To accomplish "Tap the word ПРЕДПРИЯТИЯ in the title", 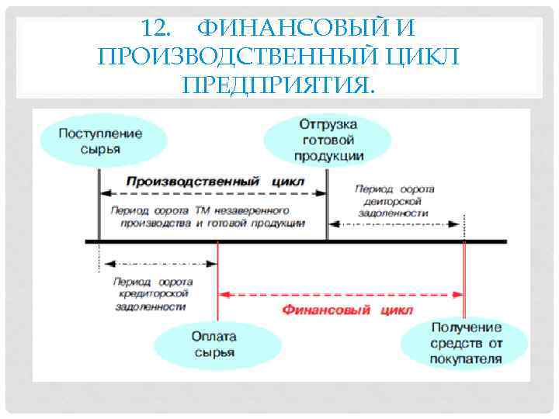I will (277, 83).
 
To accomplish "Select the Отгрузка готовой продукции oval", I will (328, 140).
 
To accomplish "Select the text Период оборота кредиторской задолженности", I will (151, 294).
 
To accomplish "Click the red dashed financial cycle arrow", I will (342, 294).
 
